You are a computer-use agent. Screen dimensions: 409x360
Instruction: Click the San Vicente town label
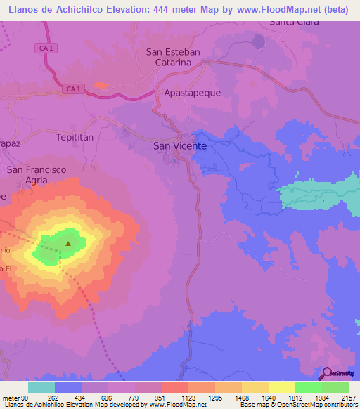point(180,146)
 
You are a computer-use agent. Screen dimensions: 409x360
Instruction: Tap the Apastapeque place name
point(172,93)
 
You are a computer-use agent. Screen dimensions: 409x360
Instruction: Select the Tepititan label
point(75,138)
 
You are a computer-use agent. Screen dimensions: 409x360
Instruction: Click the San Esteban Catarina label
point(173,57)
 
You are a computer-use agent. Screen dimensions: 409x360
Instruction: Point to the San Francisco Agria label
point(37,175)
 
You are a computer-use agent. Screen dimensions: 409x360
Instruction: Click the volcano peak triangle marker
point(68,244)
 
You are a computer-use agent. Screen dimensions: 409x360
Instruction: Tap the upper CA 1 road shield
point(43,48)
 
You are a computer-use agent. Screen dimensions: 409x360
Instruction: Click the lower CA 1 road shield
point(75,89)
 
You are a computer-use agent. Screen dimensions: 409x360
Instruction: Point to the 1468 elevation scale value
point(241,397)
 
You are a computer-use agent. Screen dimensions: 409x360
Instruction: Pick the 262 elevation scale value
point(53,397)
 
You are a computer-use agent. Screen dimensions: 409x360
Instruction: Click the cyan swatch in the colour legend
point(41,387)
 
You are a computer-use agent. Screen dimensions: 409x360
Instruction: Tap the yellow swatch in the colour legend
point(281,387)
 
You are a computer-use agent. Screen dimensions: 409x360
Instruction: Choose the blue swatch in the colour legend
point(68,387)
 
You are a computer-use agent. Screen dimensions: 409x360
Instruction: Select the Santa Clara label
point(295,22)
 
